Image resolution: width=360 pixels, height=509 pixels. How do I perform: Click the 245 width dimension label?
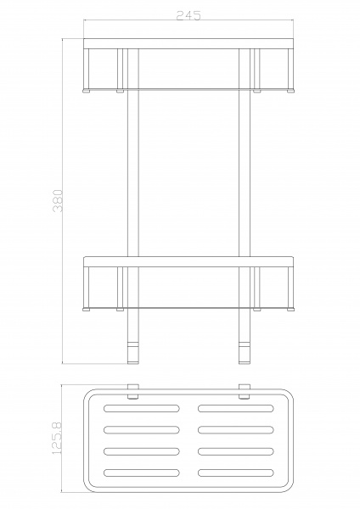(188, 15)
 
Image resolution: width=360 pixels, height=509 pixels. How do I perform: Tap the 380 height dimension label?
(58, 200)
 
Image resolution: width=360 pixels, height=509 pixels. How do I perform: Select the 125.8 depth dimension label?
(57, 439)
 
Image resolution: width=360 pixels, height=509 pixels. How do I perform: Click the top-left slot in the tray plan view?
(142, 408)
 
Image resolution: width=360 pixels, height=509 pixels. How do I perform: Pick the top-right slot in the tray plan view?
(236, 408)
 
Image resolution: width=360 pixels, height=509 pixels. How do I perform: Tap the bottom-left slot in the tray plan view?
(142, 473)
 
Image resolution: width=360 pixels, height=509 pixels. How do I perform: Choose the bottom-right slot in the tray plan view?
(236, 473)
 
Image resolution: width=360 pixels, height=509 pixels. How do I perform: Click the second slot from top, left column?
(142, 429)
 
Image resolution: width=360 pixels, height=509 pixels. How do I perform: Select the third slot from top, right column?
(236, 451)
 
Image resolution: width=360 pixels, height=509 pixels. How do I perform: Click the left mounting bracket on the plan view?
(133, 392)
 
